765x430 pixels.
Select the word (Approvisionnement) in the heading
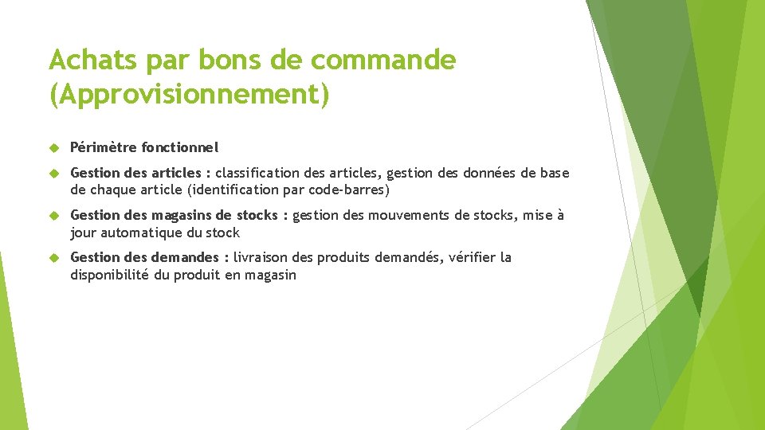click(x=189, y=94)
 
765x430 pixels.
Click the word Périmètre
click(x=103, y=147)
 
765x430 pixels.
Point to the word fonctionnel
click(x=179, y=147)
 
